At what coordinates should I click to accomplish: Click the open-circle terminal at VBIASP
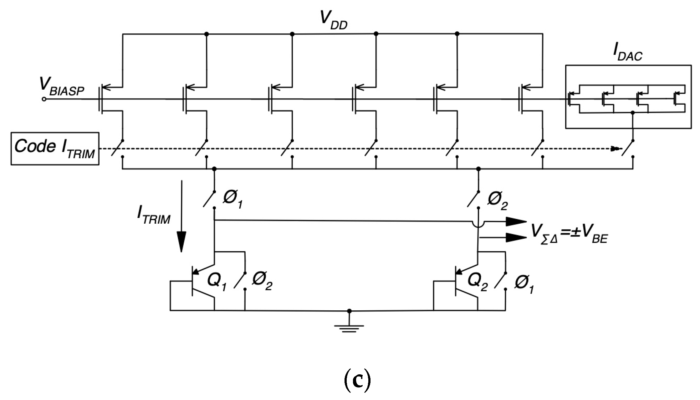pyautogui.click(x=44, y=99)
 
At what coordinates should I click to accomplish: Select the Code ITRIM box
pyautogui.click(x=55, y=148)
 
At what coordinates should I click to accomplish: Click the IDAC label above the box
pyautogui.click(x=627, y=53)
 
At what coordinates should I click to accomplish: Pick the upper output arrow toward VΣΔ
pyautogui.click(x=513, y=221)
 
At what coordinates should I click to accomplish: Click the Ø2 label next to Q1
pyautogui.click(x=262, y=282)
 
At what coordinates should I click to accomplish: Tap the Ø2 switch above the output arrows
pyautogui.click(x=473, y=199)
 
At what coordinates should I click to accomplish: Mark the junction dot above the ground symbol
pyautogui.click(x=349, y=311)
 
